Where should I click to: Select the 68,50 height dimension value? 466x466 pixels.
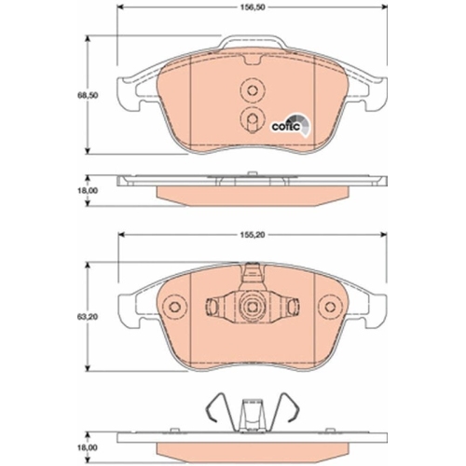point(88,95)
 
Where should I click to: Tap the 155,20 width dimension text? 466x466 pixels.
point(252,235)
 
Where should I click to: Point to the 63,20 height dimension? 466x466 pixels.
point(88,317)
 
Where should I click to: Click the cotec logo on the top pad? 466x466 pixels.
point(291,125)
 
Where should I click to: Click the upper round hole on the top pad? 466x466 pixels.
point(253,90)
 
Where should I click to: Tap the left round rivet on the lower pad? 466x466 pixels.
point(174,307)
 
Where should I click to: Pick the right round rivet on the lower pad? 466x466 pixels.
point(330,307)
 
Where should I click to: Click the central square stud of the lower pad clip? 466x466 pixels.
point(252,307)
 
